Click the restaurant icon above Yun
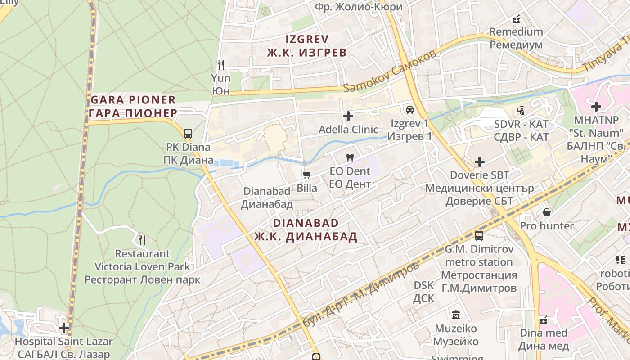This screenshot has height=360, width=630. [220, 65]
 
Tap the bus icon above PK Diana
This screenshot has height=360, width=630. [188, 133]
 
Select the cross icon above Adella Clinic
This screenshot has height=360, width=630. [348, 116]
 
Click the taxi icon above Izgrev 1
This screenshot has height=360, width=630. [409, 109]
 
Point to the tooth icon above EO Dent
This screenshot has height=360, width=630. [350, 158]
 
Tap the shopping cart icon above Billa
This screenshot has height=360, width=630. [307, 175]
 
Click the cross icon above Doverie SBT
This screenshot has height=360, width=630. [480, 162]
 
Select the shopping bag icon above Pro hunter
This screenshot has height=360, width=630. [547, 212]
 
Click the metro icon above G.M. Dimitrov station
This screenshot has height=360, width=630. [479, 235]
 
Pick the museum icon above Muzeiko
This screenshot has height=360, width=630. [456, 315]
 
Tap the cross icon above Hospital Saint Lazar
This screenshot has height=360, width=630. [64, 328]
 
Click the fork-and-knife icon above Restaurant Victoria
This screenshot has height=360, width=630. [142, 240]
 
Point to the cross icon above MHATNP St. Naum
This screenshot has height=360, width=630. [596, 107]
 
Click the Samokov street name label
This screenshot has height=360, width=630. [390, 71]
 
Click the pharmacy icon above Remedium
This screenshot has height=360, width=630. [516, 19]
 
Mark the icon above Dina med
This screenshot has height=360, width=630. [544, 320]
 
